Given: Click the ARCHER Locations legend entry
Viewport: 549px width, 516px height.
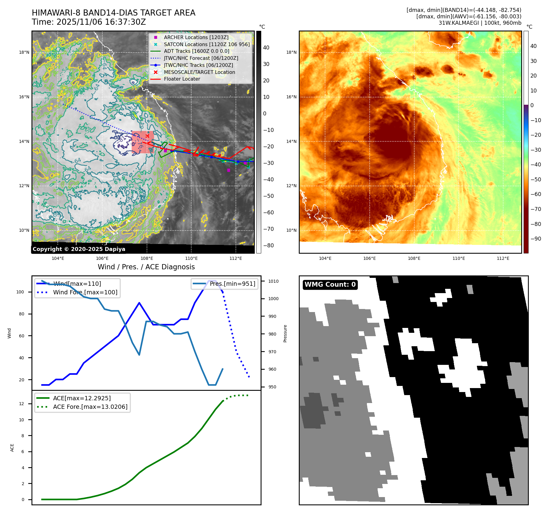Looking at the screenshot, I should coord(196,37).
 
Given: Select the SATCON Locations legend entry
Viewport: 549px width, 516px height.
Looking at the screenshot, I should coord(207,44).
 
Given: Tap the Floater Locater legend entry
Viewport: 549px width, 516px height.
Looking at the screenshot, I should coord(182,79).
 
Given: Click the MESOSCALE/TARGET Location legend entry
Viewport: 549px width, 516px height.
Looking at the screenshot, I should coord(199,72).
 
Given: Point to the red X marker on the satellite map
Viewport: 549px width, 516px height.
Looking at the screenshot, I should coord(147,136).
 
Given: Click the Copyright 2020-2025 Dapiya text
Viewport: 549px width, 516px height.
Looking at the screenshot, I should coord(79,249).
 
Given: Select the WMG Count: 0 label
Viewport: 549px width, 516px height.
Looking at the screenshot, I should coord(330,285).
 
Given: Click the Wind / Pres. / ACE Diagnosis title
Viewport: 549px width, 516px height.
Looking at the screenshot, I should coord(146,267).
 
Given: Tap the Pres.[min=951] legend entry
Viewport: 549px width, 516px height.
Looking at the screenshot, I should coord(232,284).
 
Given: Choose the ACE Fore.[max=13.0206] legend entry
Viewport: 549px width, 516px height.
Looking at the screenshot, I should coord(90,407).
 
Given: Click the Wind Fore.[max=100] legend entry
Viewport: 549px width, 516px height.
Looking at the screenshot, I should coord(85,292).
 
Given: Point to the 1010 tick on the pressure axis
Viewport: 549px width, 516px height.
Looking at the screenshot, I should coord(273,281).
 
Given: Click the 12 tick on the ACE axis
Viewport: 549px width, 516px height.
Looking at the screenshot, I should coord(22,404).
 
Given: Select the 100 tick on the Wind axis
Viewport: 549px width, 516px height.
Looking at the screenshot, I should coord(20,292).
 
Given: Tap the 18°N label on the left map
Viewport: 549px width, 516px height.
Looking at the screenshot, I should coord(24,52).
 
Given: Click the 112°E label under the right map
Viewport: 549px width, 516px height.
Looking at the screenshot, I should coord(503,258).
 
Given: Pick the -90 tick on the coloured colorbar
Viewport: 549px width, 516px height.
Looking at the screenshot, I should coord(536,239).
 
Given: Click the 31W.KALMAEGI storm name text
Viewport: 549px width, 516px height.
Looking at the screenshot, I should coord(457,23).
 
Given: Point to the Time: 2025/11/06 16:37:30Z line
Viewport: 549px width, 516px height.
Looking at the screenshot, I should coord(89,22).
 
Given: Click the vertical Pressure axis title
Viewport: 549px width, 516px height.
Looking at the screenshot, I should coord(285,333).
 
